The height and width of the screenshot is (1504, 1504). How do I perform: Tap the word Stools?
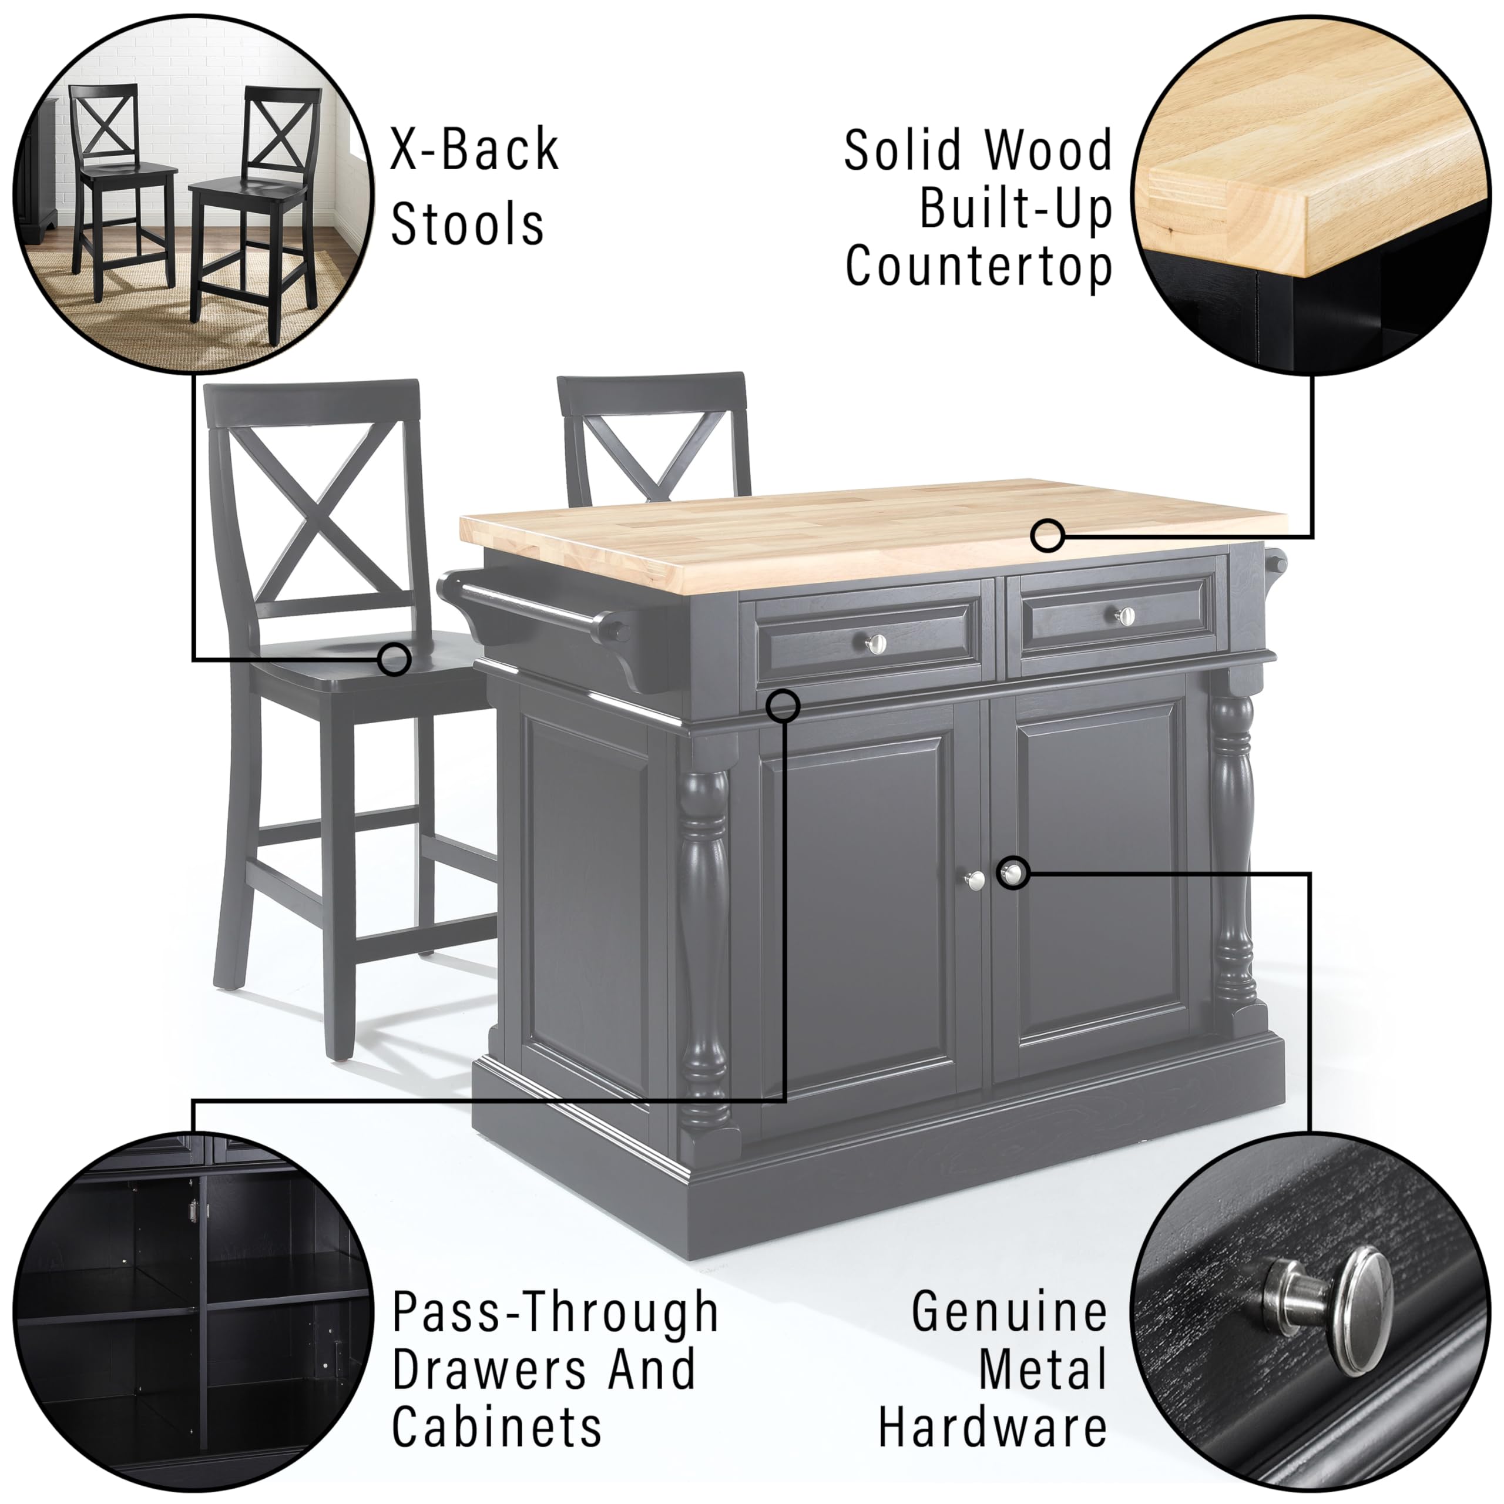467,224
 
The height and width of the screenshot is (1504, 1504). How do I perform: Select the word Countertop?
979,267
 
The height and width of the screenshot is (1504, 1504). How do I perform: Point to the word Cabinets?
496,1426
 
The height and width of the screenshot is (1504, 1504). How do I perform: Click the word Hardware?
992,1426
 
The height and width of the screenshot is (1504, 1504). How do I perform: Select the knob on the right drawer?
1123,616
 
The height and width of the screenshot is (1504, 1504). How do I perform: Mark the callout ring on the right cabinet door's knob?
1013,874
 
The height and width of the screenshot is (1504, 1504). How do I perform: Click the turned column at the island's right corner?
1233,841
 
